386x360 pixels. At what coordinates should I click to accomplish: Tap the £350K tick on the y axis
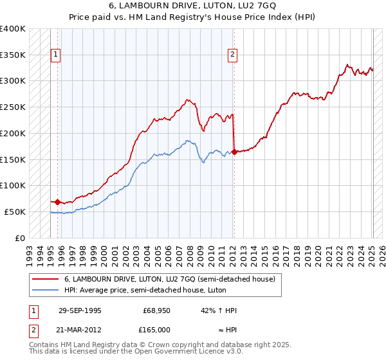click(13, 55)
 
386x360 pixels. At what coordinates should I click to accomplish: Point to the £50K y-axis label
click(15, 212)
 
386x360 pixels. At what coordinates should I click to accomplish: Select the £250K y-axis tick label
click(13, 107)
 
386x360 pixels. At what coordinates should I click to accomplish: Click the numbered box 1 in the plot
click(57, 55)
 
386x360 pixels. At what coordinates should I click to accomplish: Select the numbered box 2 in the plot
click(232, 55)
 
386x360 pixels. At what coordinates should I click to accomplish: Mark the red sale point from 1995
click(58, 202)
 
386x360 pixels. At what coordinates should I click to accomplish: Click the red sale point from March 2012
click(234, 152)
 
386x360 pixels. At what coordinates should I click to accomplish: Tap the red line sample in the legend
click(45, 279)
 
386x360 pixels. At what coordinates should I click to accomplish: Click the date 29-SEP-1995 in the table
click(80, 310)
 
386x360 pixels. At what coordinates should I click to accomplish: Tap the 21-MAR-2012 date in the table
click(80, 329)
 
